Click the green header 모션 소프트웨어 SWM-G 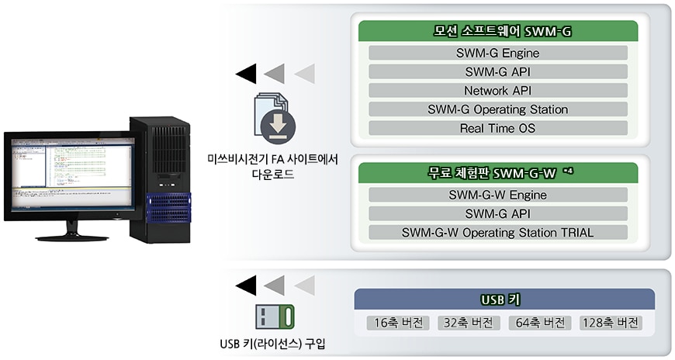498,31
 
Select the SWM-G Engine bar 498,53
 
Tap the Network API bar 498,91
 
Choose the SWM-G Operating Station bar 498,109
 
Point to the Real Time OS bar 498,128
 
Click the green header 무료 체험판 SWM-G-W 498,173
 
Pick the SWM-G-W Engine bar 498,195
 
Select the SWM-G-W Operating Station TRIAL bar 498,233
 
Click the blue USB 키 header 504,299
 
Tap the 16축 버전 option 398,323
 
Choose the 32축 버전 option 469,323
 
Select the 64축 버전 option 540,323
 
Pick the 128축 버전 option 611,323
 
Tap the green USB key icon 275,317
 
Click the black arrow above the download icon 246,74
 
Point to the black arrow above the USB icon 246,286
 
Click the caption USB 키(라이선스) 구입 272,344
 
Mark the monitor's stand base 72,237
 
